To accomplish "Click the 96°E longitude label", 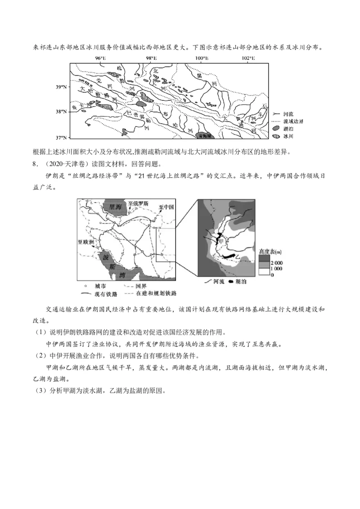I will tap(101, 58).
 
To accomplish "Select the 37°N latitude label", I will tap(61, 137).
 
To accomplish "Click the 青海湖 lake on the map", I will tap(205, 134).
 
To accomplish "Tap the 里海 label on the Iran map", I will tap(113, 207).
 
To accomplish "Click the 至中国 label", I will tap(166, 207).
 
